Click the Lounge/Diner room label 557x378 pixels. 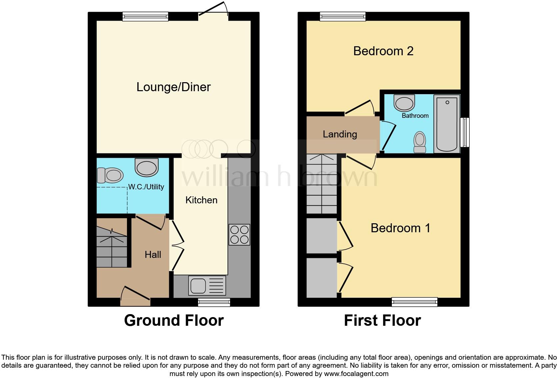(x=174, y=87)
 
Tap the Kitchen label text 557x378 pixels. (x=201, y=200)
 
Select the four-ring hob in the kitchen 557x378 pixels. (x=239, y=235)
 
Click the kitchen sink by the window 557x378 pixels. (x=207, y=285)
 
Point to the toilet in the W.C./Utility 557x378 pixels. (x=110, y=175)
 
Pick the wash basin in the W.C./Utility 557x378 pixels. (x=147, y=167)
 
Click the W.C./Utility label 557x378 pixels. (x=146, y=187)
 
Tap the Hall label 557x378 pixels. (x=153, y=255)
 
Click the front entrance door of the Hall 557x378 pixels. (x=135, y=298)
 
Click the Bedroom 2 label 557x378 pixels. (x=383, y=51)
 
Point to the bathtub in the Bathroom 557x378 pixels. (x=447, y=123)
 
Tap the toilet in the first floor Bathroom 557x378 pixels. (x=420, y=142)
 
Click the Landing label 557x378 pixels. (x=340, y=134)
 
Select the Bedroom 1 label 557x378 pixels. (x=400, y=228)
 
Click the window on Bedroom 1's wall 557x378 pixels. (x=414, y=302)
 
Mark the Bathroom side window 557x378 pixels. (x=465, y=132)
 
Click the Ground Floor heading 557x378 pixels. (x=174, y=320)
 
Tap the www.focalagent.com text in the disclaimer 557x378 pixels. (x=356, y=374)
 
